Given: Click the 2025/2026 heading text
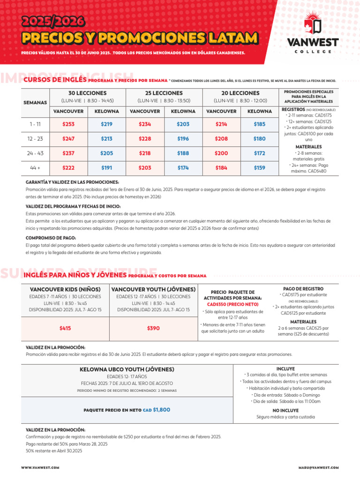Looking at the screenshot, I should click(x=53, y=22).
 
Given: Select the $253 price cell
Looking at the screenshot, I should click(x=68, y=124).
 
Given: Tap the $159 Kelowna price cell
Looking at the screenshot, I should click(x=259, y=167).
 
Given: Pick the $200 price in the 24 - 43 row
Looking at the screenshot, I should click(x=221, y=153).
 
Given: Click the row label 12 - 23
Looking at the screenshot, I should click(x=35, y=139).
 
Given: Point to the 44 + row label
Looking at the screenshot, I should click(x=35, y=167).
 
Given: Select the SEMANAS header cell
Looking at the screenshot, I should click(x=35, y=102).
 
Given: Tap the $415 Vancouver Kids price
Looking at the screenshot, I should click(x=65, y=329).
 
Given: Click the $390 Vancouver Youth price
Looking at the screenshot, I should click(x=153, y=329).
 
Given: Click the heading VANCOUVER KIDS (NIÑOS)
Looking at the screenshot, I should click(x=65, y=289).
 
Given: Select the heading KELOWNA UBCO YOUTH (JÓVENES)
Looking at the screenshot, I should click(x=127, y=369).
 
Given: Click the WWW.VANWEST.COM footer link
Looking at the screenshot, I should click(x=40, y=468).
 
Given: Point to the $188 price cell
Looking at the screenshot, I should click(x=183, y=153).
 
